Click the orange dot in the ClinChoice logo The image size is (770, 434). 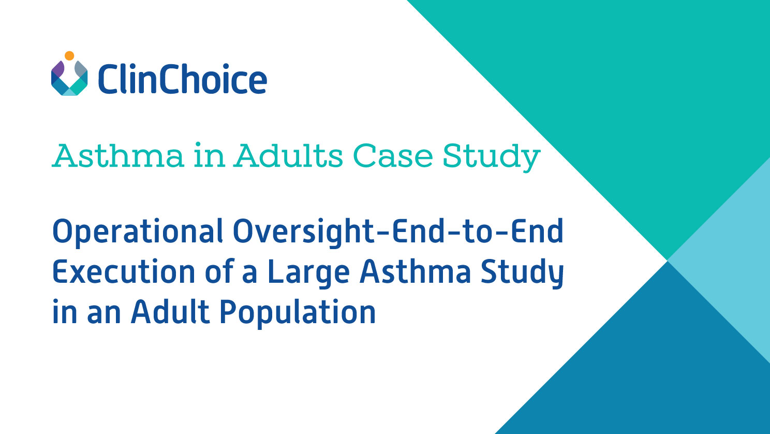(69, 55)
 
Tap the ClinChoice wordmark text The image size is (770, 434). (182, 79)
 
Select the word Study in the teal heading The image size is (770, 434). (491, 156)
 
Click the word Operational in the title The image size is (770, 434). (138, 232)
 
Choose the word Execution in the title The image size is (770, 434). (124, 271)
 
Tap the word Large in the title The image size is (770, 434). (308, 272)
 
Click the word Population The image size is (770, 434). (297, 312)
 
